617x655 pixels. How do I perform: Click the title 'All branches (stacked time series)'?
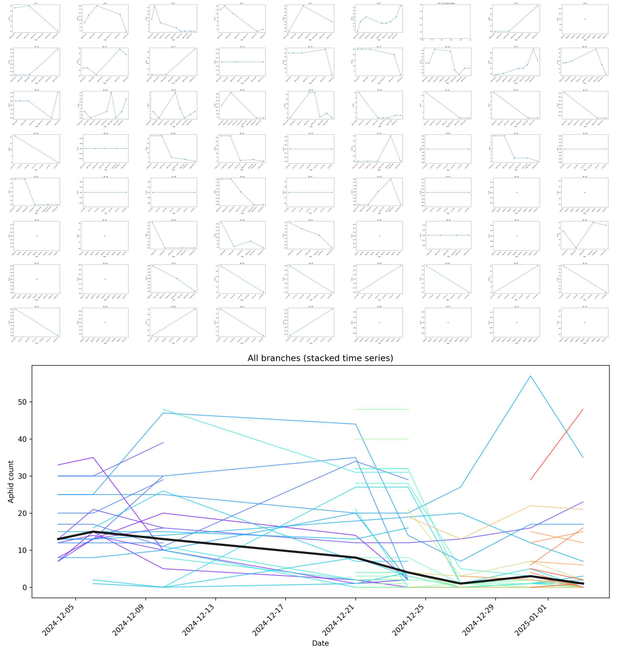tap(320, 358)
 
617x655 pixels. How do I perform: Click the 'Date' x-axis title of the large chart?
tap(320, 643)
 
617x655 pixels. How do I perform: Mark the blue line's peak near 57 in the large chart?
tap(530, 376)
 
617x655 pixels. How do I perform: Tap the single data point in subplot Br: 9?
tap(585, 19)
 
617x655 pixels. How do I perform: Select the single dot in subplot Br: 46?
tap(37, 236)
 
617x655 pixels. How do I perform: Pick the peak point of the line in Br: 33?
tap(391, 136)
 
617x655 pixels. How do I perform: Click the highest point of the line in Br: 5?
tap(303, 6)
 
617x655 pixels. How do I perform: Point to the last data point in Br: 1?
tap(58, 31)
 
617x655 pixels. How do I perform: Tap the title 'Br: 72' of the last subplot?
tap(585, 307)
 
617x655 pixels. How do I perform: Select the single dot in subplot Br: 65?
tap(105, 323)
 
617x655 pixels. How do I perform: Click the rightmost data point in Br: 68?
tap(332, 309)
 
